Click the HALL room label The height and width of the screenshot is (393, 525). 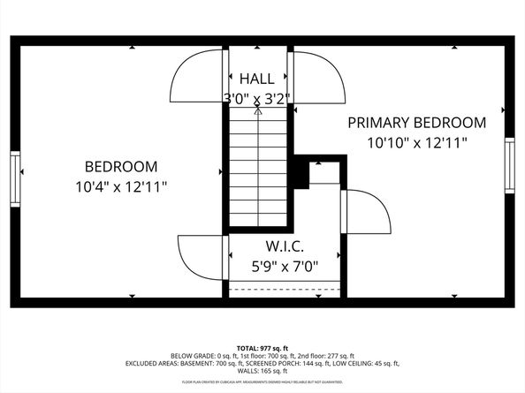pyautogui.click(x=257, y=79)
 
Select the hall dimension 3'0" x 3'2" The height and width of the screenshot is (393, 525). pyautogui.click(x=257, y=97)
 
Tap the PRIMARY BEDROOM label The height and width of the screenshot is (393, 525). pyautogui.click(x=416, y=123)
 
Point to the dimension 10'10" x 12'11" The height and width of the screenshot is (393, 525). pyautogui.click(x=416, y=142)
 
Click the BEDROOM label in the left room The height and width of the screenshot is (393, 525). pyautogui.click(x=121, y=166)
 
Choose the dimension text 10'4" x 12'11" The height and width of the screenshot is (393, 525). pyautogui.click(x=121, y=186)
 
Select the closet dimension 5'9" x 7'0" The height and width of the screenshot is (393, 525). pyautogui.click(x=284, y=265)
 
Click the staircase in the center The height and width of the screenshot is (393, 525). pyautogui.click(x=258, y=168)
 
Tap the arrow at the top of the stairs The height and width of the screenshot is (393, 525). pyautogui.click(x=258, y=110)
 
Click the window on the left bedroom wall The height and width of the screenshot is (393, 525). pyautogui.click(x=15, y=178)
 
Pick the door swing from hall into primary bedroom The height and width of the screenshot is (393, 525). pyautogui.click(x=316, y=76)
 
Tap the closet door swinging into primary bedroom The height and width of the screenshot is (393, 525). pyautogui.click(x=366, y=212)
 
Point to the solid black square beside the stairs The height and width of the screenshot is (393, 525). pyautogui.click(x=301, y=174)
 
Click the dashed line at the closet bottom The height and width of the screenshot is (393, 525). pyautogui.click(x=284, y=288)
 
